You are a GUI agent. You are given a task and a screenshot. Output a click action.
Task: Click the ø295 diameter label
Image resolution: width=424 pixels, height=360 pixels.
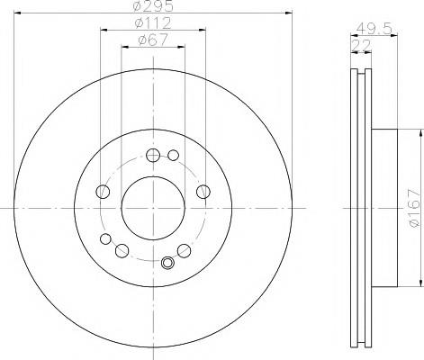click(x=153, y=6)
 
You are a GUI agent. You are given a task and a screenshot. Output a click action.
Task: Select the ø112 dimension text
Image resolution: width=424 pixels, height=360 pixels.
click(x=153, y=22)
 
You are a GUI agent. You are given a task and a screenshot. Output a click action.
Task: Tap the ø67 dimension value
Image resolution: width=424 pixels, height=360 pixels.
click(x=153, y=40)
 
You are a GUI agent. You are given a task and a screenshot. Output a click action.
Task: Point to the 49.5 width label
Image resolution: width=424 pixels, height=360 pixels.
click(x=374, y=29)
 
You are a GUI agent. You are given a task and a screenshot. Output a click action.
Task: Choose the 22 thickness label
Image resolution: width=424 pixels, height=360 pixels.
click(x=361, y=45)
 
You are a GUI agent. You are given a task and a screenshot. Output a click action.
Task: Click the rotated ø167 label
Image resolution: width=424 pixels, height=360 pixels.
click(x=414, y=208)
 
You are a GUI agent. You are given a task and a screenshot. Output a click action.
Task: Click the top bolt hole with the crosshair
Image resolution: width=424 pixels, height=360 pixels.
click(x=153, y=155)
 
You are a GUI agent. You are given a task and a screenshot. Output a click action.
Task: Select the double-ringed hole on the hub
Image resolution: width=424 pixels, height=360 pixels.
click(x=167, y=263)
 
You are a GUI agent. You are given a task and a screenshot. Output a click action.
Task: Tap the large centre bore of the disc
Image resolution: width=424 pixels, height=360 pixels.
click(x=153, y=208)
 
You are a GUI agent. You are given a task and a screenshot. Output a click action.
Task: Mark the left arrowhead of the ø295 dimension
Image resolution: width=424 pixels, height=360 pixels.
click(x=17, y=13)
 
